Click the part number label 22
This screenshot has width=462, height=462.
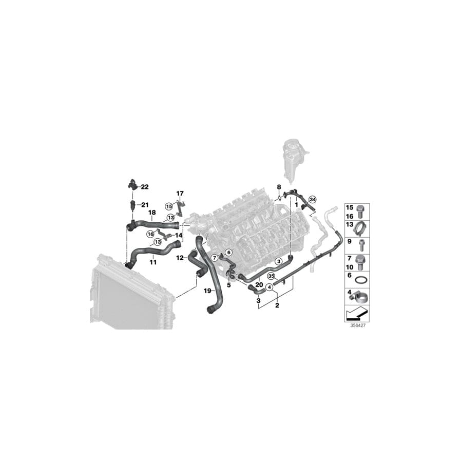pos(145,187)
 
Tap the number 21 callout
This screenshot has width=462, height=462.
pos(145,205)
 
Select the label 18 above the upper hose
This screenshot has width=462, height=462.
pos(152,213)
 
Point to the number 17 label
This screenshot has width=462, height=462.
pos(180,194)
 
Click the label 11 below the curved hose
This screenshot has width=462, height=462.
pos(153,262)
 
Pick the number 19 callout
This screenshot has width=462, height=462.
pos(207,291)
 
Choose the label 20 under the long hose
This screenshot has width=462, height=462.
pos(259,285)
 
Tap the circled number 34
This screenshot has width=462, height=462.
pos(312,200)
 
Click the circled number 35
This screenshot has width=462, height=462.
pos(271,276)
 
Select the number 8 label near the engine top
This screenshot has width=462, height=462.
pos(279,187)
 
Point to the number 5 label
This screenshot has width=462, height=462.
pos(229,285)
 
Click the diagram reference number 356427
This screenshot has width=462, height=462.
pos(358,326)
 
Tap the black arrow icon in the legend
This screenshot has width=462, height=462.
pos(357,313)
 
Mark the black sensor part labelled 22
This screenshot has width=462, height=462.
pos(132,184)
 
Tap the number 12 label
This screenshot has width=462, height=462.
pos(180,258)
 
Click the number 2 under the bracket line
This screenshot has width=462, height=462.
pos(277,305)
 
